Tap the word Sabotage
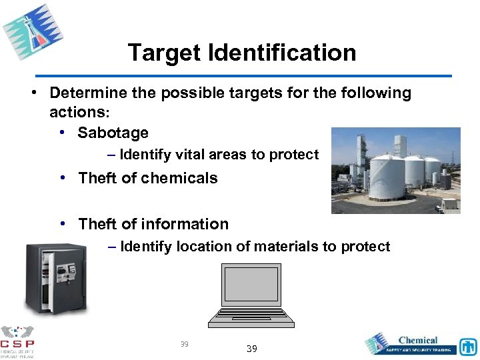pos(113,133)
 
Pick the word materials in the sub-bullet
pos(283,247)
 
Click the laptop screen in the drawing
pos(251,285)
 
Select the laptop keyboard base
pos(251,318)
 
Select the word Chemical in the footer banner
pos(417,341)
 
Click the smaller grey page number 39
pos(185,344)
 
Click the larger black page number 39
pos(251,349)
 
